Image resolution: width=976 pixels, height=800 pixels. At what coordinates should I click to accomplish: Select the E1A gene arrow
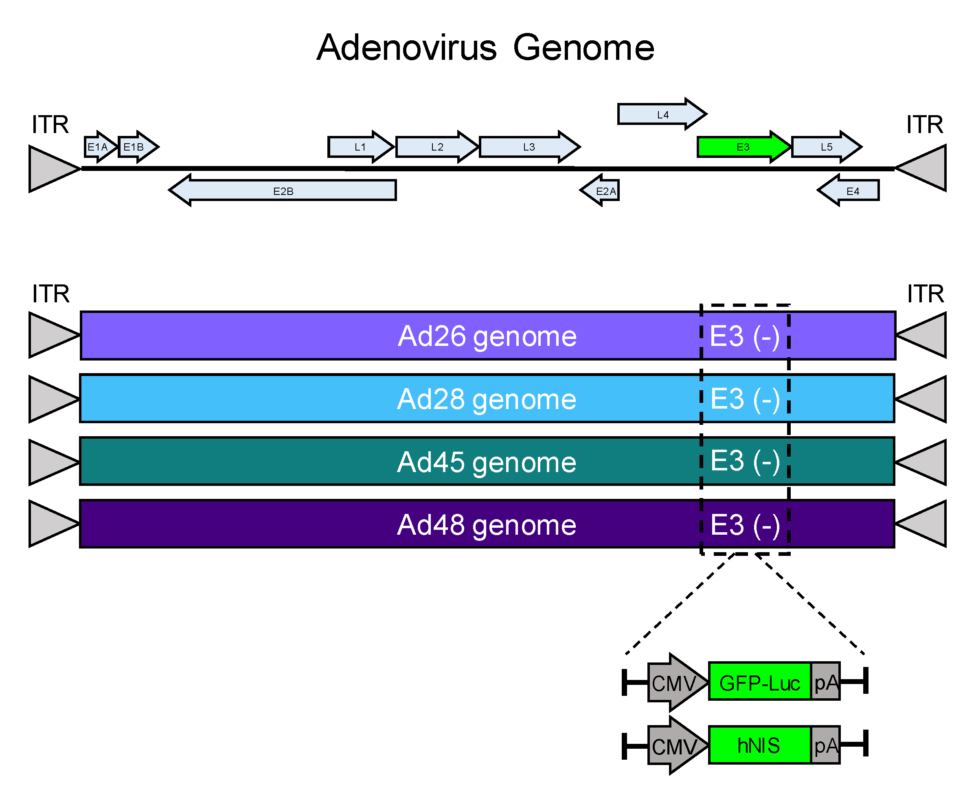click(x=98, y=147)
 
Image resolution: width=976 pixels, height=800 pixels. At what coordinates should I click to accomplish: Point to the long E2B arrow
click(x=283, y=191)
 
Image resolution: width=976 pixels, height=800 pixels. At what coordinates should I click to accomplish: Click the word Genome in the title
click(x=583, y=48)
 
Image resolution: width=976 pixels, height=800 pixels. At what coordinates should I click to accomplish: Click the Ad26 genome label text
click(x=487, y=336)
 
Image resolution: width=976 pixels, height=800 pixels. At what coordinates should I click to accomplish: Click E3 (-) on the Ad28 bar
click(x=745, y=399)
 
